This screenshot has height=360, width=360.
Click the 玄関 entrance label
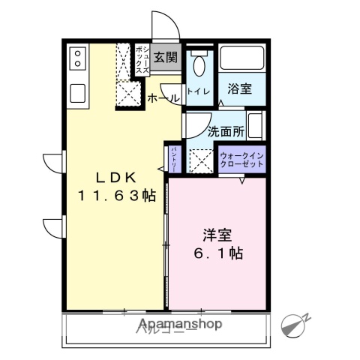(x=166, y=57)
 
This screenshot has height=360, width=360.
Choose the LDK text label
(x=115, y=178)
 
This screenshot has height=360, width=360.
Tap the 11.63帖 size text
(x=116, y=196)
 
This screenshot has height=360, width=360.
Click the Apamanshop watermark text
(x=179, y=324)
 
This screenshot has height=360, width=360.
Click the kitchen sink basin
(x=78, y=93)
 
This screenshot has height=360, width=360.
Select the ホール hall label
(x=163, y=98)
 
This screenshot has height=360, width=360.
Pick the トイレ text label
(x=198, y=91)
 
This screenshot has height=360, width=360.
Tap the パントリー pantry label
(x=173, y=159)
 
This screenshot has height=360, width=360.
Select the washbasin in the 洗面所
(x=254, y=124)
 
